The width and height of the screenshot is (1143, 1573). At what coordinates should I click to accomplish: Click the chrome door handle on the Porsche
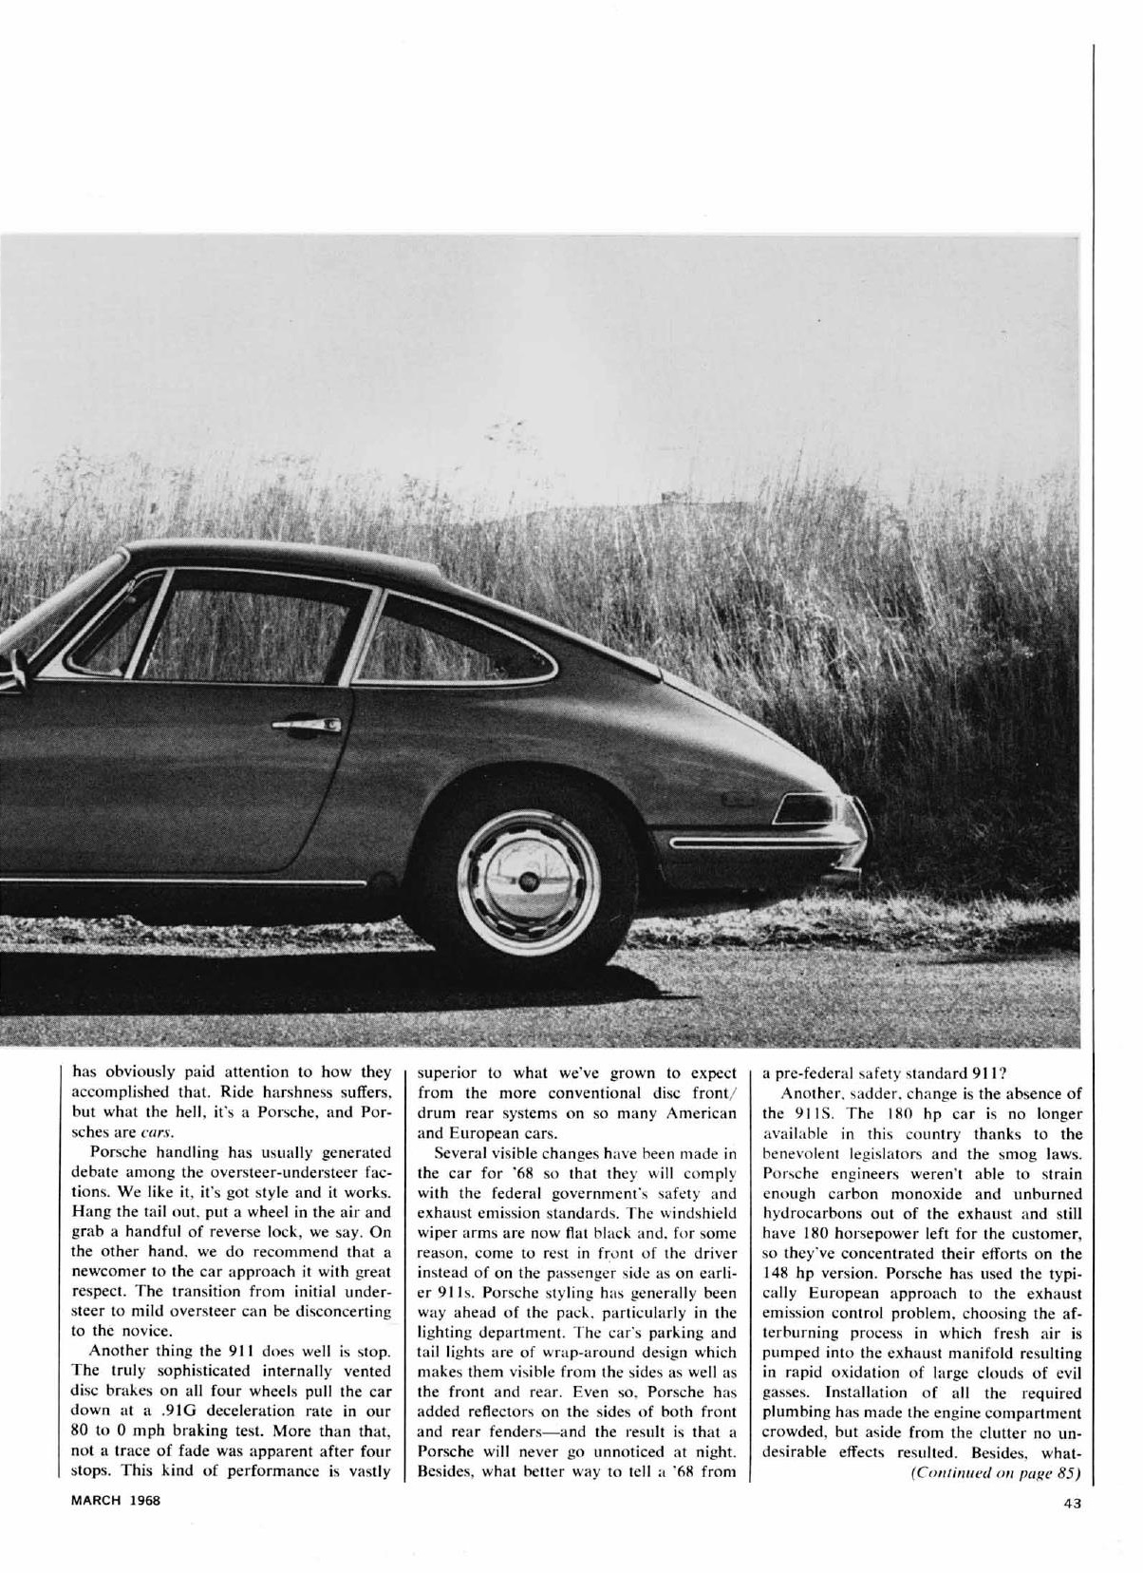[x=307, y=726]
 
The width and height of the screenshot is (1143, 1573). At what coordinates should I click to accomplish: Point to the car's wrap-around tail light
[x=807, y=809]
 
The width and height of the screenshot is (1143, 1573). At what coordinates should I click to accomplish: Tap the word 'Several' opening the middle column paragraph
[x=462, y=1153]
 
